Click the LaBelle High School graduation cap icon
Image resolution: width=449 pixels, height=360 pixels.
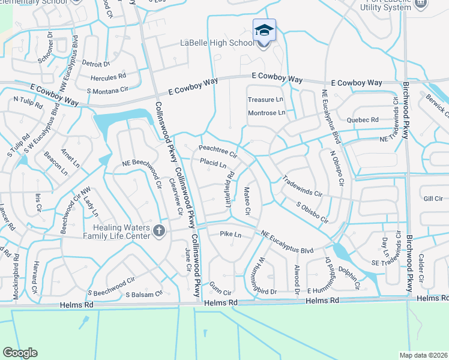(x=264, y=30)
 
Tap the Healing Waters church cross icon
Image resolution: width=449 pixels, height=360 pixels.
(x=158, y=231)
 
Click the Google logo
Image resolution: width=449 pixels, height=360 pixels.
(x=20, y=353)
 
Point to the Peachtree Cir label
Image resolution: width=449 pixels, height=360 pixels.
(x=218, y=149)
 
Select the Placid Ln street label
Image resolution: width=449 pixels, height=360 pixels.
(x=212, y=164)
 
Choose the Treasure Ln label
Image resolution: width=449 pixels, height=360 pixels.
(x=265, y=100)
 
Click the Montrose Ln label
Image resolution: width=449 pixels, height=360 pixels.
(x=267, y=113)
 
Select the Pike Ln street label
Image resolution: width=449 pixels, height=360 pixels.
(x=230, y=233)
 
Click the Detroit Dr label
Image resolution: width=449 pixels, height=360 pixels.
(x=96, y=64)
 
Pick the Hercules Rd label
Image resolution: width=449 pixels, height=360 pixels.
(x=108, y=77)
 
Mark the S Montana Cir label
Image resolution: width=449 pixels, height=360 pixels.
(x=108, y=91)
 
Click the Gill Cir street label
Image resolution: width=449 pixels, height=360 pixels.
(x=433, y=199)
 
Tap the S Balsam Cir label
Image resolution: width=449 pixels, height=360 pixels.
(x=144, y=294)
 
